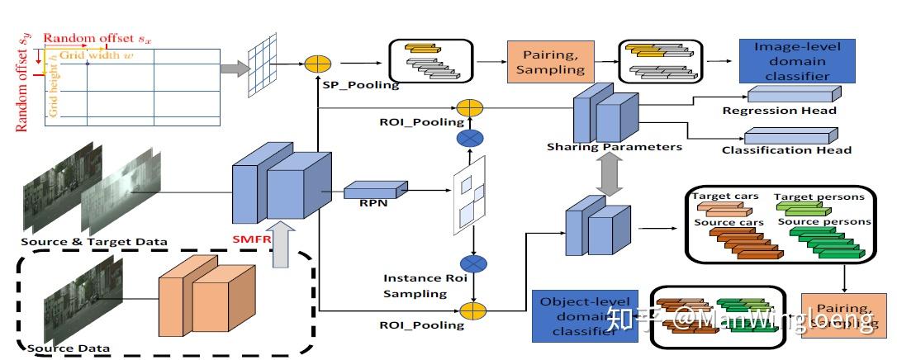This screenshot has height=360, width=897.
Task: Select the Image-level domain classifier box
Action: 797,61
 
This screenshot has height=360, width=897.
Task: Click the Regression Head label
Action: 779,110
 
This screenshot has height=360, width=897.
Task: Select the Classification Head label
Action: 786,149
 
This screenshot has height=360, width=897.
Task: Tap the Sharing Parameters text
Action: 615,147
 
